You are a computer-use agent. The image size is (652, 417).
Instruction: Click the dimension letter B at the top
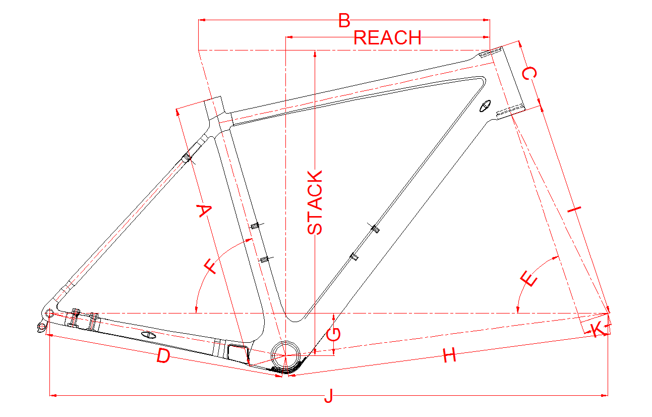coord(344,21)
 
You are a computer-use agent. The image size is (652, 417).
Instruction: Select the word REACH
coord(387,38)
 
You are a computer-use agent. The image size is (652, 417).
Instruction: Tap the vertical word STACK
coord(315,203)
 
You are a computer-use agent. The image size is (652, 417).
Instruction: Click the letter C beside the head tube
coord(528,74)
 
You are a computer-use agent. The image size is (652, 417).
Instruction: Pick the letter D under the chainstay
coord(163,356)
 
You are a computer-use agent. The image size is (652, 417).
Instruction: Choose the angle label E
coord(529,279)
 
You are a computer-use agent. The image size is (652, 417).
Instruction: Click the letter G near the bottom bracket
coord(334,334)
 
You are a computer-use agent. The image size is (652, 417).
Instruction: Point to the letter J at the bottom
coord(328,396)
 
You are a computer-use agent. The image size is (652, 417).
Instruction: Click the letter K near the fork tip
coord(597,331)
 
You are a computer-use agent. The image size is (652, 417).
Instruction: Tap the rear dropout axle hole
coord(49,314)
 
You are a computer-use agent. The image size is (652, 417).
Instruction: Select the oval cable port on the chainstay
coord(149,334)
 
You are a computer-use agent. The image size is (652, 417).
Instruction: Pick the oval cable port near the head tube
coord(485,107)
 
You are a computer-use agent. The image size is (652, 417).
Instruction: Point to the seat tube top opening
coord(213,100)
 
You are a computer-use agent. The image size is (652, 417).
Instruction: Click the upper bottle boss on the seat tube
coord(255,225)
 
